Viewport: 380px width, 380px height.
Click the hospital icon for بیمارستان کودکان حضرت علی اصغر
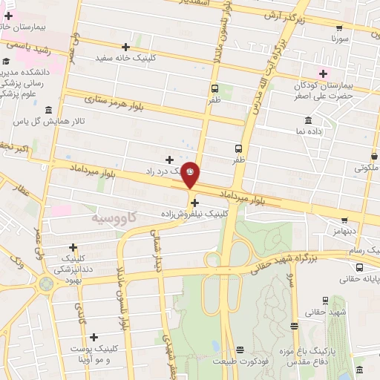pyautogui.click(x=322, y=72)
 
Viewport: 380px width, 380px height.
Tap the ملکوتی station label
pyautogui.click(x=366, y=168)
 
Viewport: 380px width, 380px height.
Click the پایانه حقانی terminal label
pyautogui.click(x=358, y=280)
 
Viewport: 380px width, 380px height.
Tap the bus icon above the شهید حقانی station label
pyautogui.click(x=295, y=325)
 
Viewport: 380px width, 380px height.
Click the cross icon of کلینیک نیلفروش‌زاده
pyautogui.click(x=194, y=202)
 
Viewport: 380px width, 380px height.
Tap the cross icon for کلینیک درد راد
pyautogui.click(x=170, y=159)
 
